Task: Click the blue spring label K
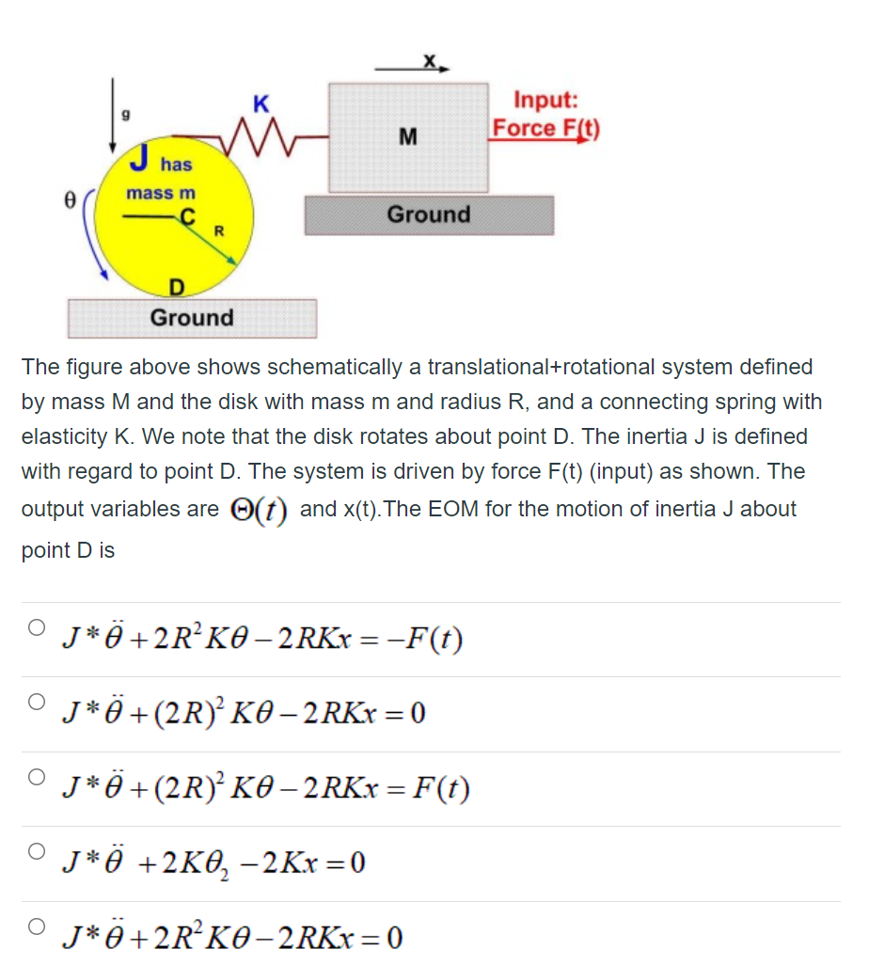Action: coord(261,104)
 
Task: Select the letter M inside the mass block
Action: coord(408,136)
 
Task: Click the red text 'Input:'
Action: coord(545,100)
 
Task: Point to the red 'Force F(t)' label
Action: coord(545,128)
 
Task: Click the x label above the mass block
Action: coord(429,59)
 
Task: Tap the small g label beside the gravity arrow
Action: coord(126,114)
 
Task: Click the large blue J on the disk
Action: coord(140,157)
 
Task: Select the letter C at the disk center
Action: coord(187,216)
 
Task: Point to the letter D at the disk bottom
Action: coord(177,288)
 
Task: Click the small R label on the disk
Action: coord(218,231)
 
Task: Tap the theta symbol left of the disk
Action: coord(71,200)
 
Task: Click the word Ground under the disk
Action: coord(192,318)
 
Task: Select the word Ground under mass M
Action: coord(429,214)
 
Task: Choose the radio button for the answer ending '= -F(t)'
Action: coord(37,627)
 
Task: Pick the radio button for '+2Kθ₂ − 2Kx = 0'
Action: coord(37,851)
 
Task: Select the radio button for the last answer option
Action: coord(37,926)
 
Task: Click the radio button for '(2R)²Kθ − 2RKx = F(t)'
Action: coord(37,777)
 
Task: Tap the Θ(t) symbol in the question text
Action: coord(259,510)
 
